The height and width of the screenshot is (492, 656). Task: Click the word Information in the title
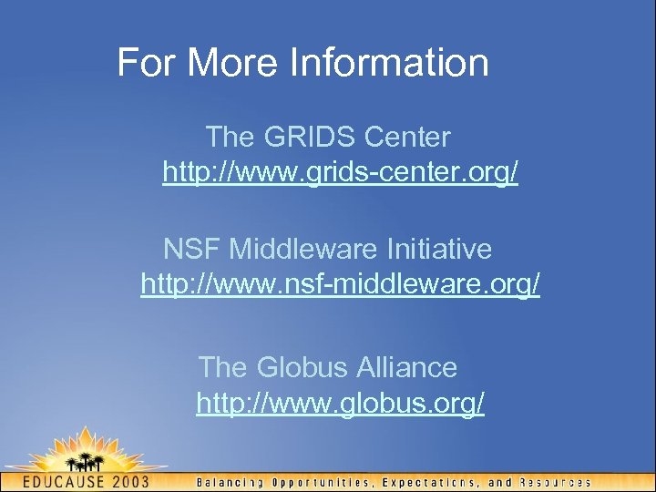point(389,63)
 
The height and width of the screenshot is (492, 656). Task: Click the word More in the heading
point(233,63)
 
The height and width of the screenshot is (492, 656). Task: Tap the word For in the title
point(145,63)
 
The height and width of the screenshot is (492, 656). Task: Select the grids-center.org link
point(340,172)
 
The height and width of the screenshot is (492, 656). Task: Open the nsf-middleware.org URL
point(340,284)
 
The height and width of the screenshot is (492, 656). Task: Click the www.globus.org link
point(340,403)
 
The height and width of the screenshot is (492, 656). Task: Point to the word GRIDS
point(311,138)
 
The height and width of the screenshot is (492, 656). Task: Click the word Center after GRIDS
point(407,138)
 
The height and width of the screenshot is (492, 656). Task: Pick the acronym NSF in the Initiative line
point(192,249)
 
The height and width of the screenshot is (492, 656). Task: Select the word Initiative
point(440,249)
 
